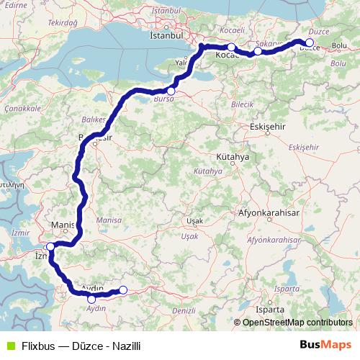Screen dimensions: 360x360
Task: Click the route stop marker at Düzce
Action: [310, 42]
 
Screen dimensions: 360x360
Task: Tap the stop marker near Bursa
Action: [171, 91]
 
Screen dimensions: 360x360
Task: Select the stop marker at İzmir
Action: [50, 247]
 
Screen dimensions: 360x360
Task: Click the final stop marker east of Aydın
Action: [122, 290]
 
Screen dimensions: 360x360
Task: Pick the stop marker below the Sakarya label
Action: [258, 51]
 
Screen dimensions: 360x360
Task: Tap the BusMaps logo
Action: [324, 345]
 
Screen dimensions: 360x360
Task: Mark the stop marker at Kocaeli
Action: [232, 48]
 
